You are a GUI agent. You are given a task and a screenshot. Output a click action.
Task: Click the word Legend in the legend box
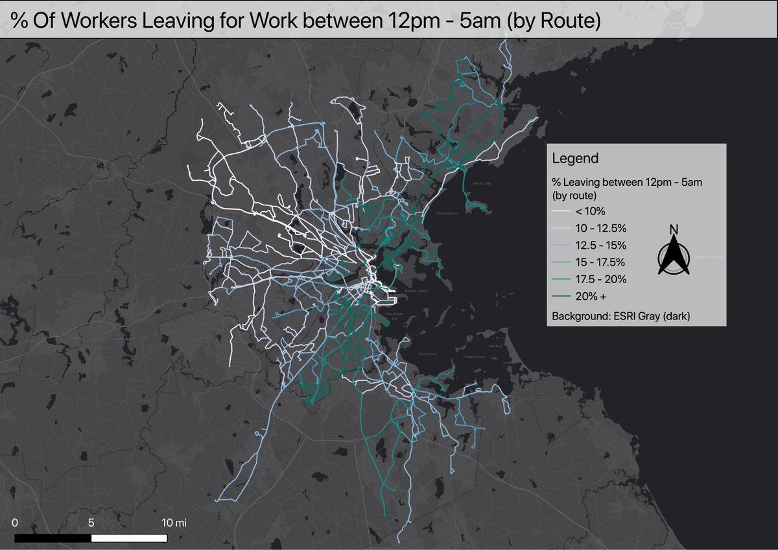point(574,158)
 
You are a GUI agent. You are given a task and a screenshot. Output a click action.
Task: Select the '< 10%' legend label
point(590,211)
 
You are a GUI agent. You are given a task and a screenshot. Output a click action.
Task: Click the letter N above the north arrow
point(674,229)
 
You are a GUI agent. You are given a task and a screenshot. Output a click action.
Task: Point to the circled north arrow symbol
point(674,257)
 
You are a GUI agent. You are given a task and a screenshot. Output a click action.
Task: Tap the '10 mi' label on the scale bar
point(174,522)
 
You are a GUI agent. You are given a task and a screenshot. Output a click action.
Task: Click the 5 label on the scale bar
point(91,522)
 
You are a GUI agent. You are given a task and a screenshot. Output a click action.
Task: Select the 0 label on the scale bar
point(14,522)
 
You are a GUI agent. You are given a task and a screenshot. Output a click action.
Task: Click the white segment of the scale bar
point(129,538)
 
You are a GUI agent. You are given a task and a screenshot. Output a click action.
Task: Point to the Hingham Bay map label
point(473,357)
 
